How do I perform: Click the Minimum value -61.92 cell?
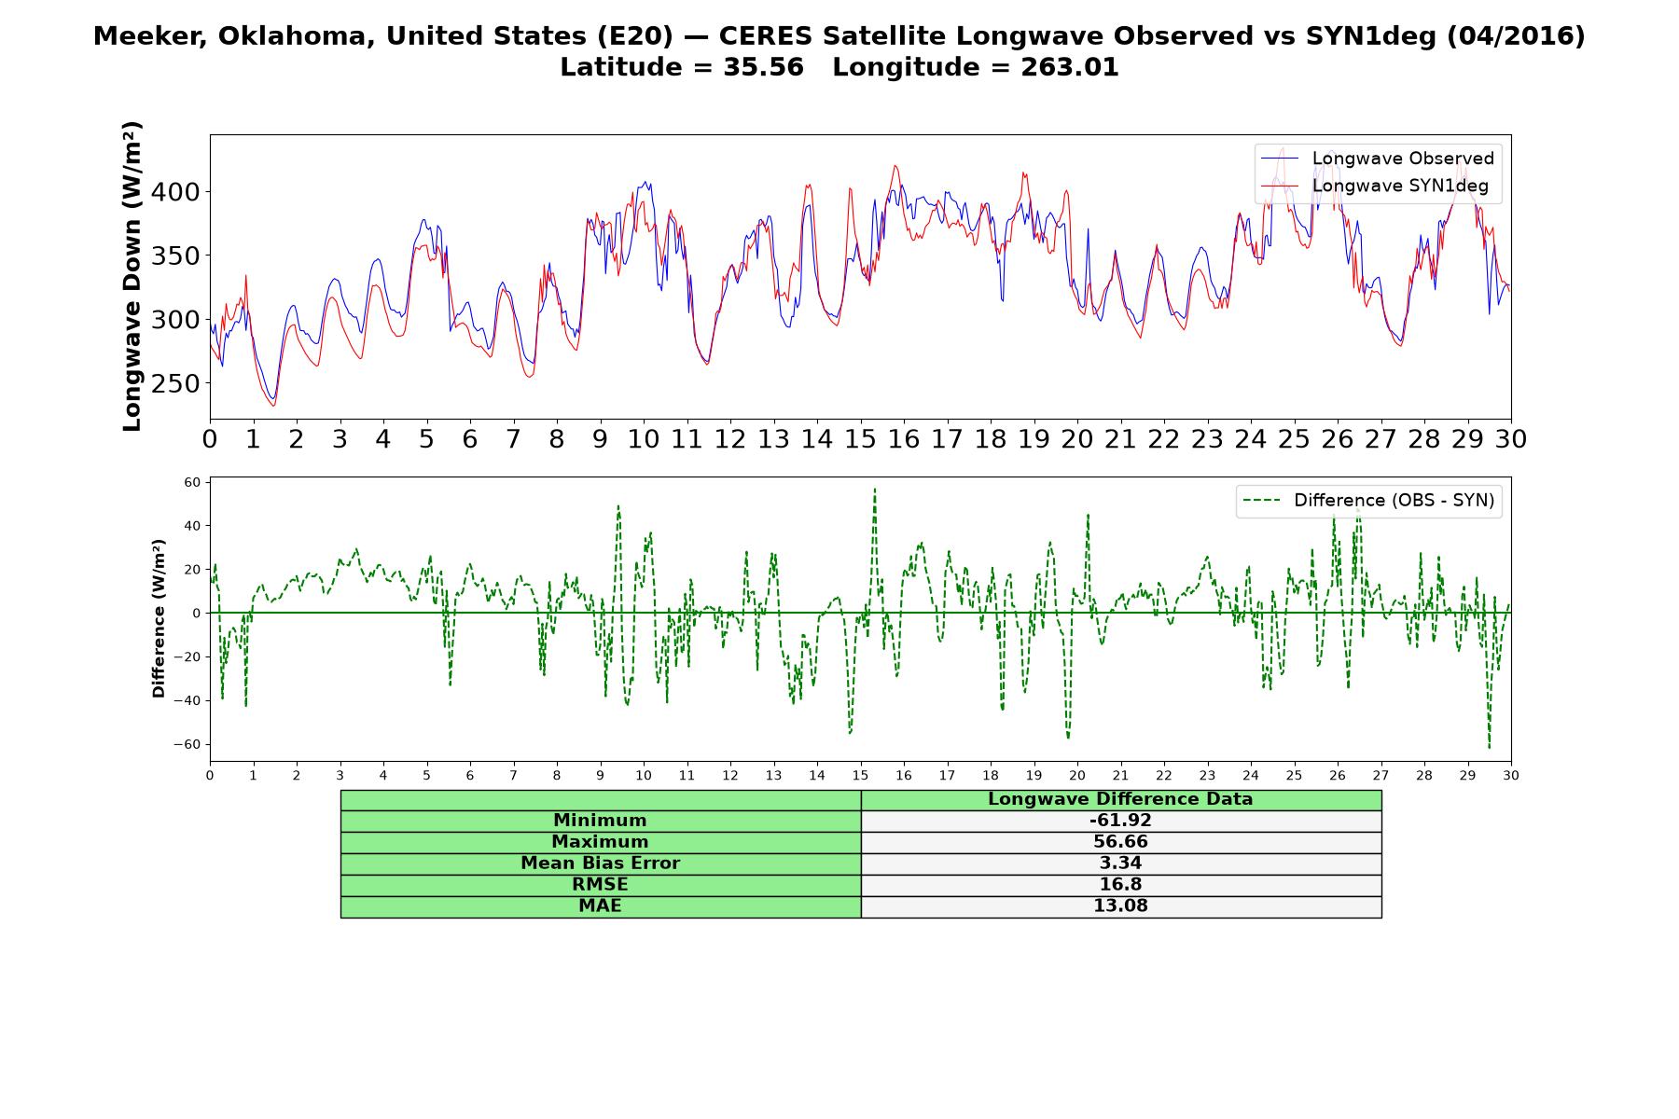(x=1120, y=821)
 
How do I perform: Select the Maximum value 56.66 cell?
(x=1120, y=842)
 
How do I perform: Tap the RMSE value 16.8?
(x=1120, y=885)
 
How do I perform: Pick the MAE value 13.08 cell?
(x=1120, y=906)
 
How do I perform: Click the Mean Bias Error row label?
(x=600, y=863)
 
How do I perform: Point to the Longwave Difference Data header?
(x=1120, y=799)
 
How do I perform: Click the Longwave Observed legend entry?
(x=1377, y=159)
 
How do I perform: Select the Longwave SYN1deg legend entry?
(x=1375, y=186)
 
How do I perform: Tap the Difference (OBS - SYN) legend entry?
(x=1368, y=501)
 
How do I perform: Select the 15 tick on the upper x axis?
(x=860, y=439)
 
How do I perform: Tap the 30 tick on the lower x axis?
(x=1511, y=775)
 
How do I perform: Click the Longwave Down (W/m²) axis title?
(x=132, y=276)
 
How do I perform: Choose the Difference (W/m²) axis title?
(x=159, y=618)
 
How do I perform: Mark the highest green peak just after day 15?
(x=875, y=489)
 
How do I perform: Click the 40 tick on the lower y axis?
(x=192, y=526)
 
